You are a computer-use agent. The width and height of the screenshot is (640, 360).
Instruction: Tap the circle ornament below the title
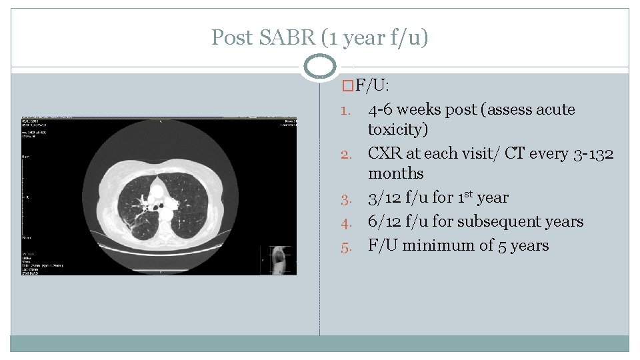coord(320,67)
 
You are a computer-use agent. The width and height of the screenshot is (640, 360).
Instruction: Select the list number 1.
coord(347,111)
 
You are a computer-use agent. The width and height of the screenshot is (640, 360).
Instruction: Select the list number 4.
coord(347,223)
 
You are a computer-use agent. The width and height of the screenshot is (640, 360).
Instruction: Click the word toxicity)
coord(398,129)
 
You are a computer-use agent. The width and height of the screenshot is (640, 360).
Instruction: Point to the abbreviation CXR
coord(385,153)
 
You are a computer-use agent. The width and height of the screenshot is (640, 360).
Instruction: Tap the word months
coord(395,173)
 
